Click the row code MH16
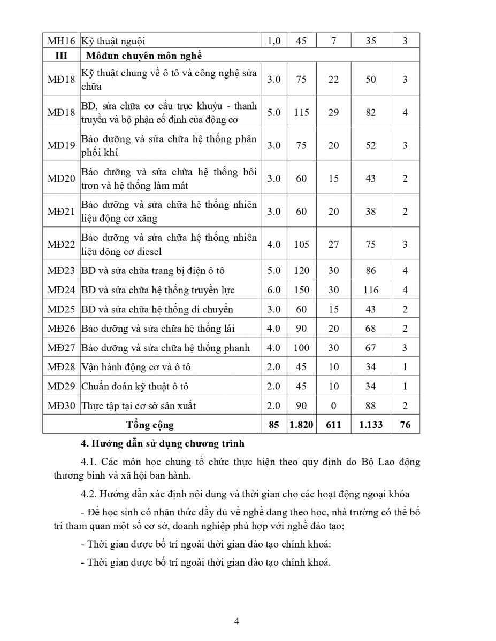point(61,41)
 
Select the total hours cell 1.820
point(302,425)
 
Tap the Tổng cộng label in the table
point(150,425)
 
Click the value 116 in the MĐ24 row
point(371,290)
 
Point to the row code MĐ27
point(61,348)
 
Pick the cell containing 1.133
point(371,425)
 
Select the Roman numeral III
point(61,56)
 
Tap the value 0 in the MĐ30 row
point(334,405)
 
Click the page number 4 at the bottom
point(236,621)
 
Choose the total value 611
point(334,425)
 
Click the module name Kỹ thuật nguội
point(113,41)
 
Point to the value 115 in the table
point(302,112)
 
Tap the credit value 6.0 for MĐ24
point(274,290)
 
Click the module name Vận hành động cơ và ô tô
point(136,367)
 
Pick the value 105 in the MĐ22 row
point(302,244)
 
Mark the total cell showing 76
point(405,425)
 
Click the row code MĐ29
point(61,386)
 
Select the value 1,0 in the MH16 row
point(274,41)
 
